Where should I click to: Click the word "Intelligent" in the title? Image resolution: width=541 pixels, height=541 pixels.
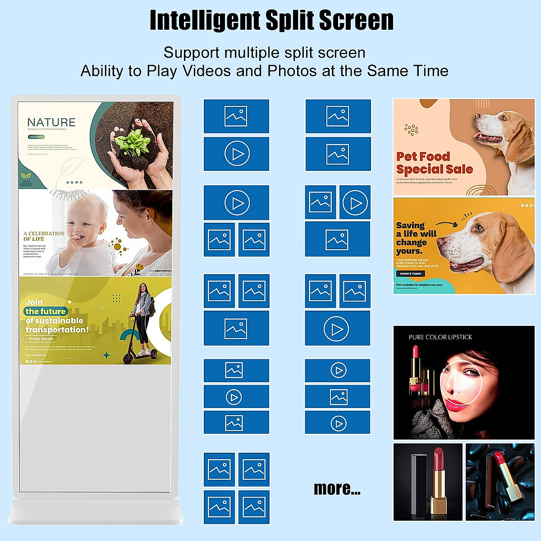coord(205,20)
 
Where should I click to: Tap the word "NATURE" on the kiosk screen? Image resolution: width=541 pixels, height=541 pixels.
coord(51,122)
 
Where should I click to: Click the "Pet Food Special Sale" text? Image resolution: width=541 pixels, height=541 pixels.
coord(434,163)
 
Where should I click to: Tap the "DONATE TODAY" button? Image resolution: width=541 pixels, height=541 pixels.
coord(410,274)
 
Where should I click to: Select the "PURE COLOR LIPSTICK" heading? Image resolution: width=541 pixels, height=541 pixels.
coord(440,337)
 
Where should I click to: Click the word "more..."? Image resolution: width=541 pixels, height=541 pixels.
coord(337,489)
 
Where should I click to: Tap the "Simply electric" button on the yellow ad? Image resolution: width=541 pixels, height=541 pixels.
coord(41,339)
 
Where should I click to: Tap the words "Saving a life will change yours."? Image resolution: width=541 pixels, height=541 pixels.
coord(416,238)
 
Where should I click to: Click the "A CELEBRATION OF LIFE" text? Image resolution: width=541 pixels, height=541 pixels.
coord(44,236)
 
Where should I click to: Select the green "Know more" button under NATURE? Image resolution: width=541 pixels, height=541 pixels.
coord(36,137)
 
